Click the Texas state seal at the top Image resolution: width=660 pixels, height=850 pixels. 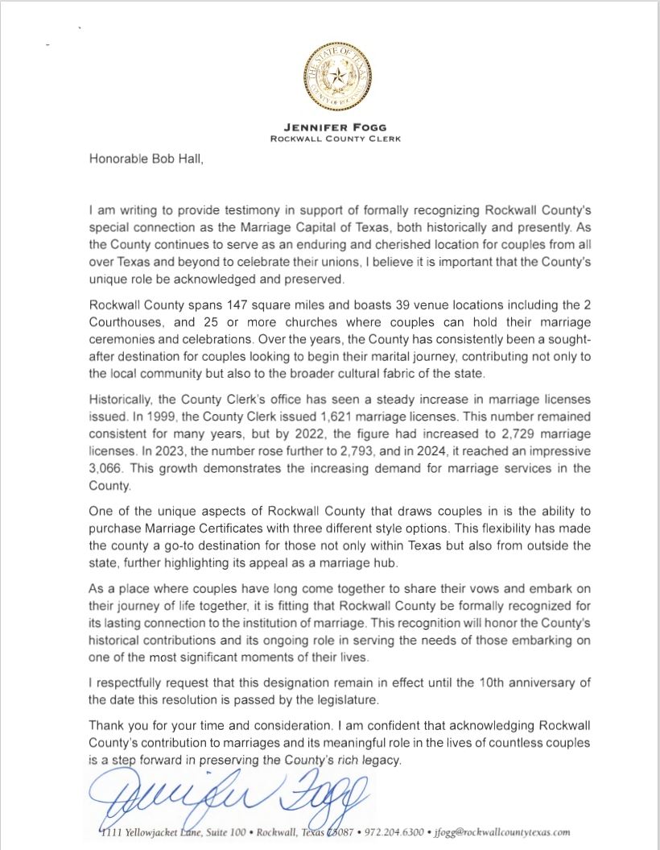(330, 77)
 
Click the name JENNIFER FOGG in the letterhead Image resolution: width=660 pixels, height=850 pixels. (330, 126)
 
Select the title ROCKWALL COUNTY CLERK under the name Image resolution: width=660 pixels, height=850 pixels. (330, 139)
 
